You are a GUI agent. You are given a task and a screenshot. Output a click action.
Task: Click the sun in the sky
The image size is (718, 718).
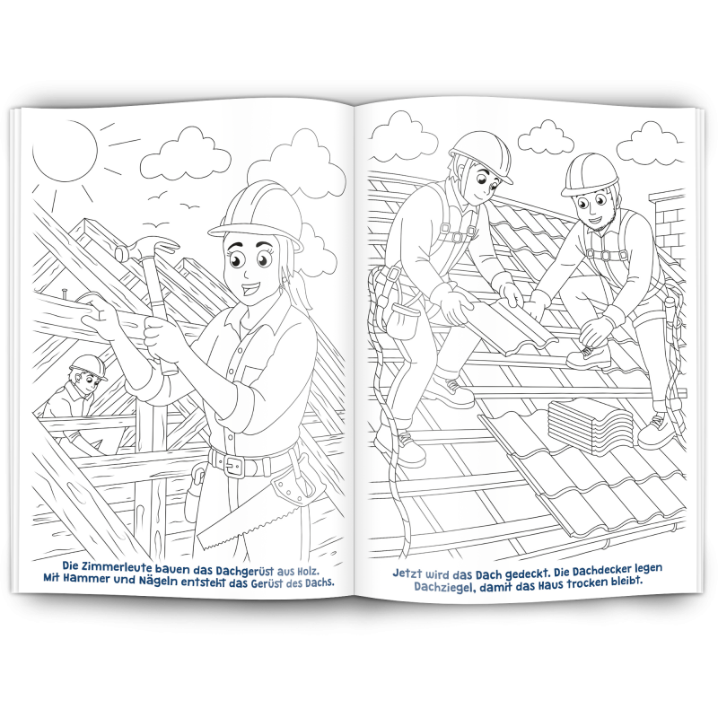64,147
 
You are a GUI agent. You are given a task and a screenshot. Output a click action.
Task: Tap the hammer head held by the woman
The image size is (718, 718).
147,249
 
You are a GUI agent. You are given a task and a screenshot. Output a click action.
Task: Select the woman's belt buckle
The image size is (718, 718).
233,466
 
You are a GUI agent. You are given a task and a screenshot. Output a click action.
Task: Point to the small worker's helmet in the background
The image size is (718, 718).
88,365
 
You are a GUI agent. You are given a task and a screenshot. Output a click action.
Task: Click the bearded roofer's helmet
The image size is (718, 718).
591,174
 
